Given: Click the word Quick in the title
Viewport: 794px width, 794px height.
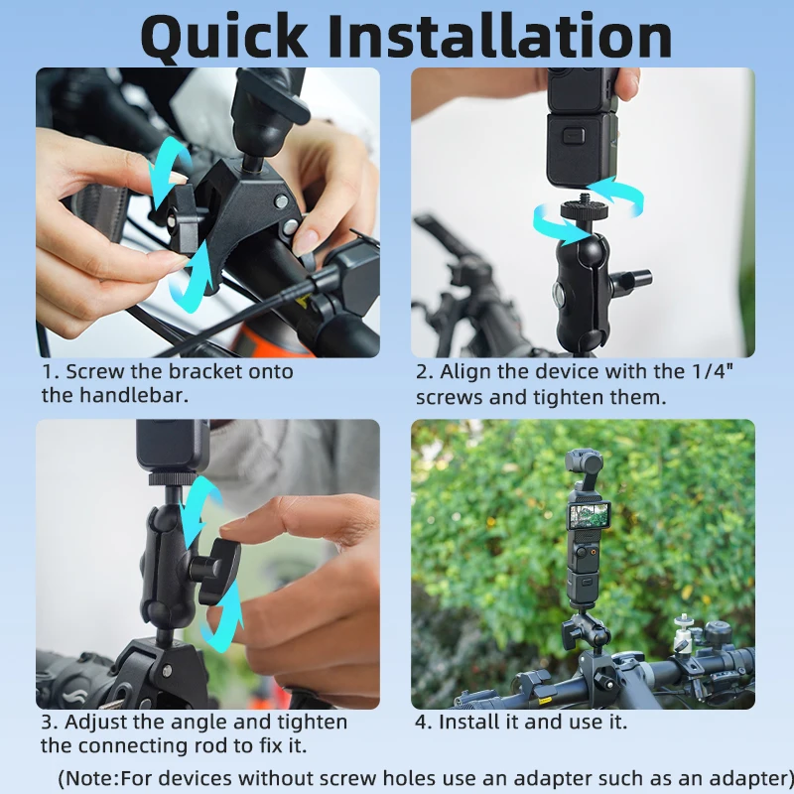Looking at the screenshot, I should pos(232,38).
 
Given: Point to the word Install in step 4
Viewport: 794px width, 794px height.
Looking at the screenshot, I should pos(470,722).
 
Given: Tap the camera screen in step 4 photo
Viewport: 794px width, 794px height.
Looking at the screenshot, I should pos(589,515).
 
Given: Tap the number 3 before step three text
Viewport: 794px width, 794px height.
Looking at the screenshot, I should pos(47,722).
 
